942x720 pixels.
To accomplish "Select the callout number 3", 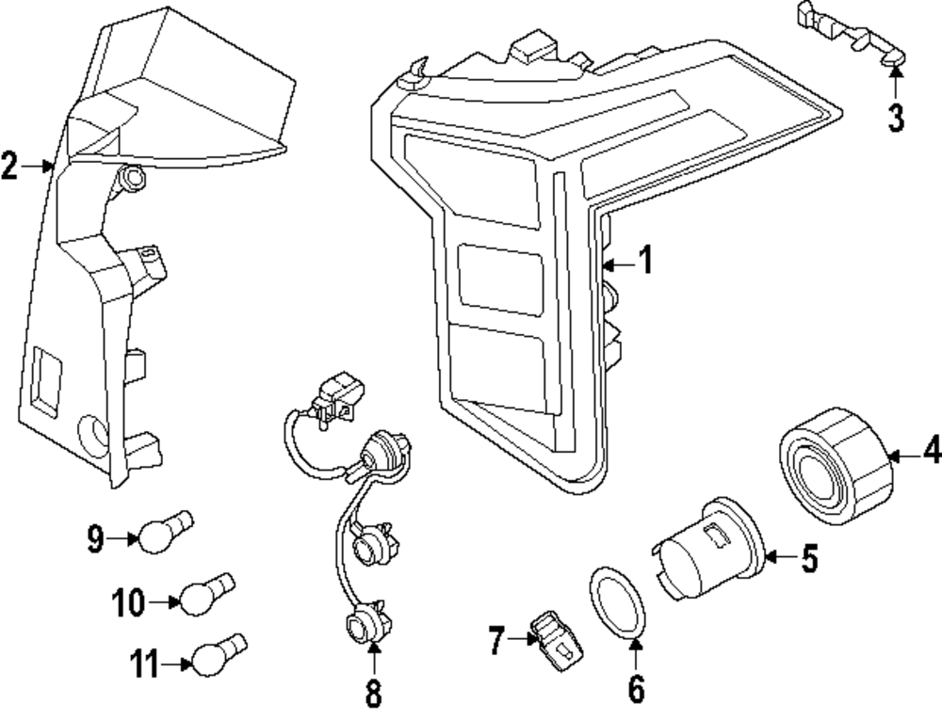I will (x=895, y=118).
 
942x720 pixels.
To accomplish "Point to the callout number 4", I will (x=931, y=454).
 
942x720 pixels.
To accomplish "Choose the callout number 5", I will (x=808, y=558).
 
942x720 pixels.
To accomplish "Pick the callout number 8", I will (x=373, y=695).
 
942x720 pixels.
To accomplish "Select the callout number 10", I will (x=128, y=600).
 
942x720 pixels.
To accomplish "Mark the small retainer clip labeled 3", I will (x=848, y=28).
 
